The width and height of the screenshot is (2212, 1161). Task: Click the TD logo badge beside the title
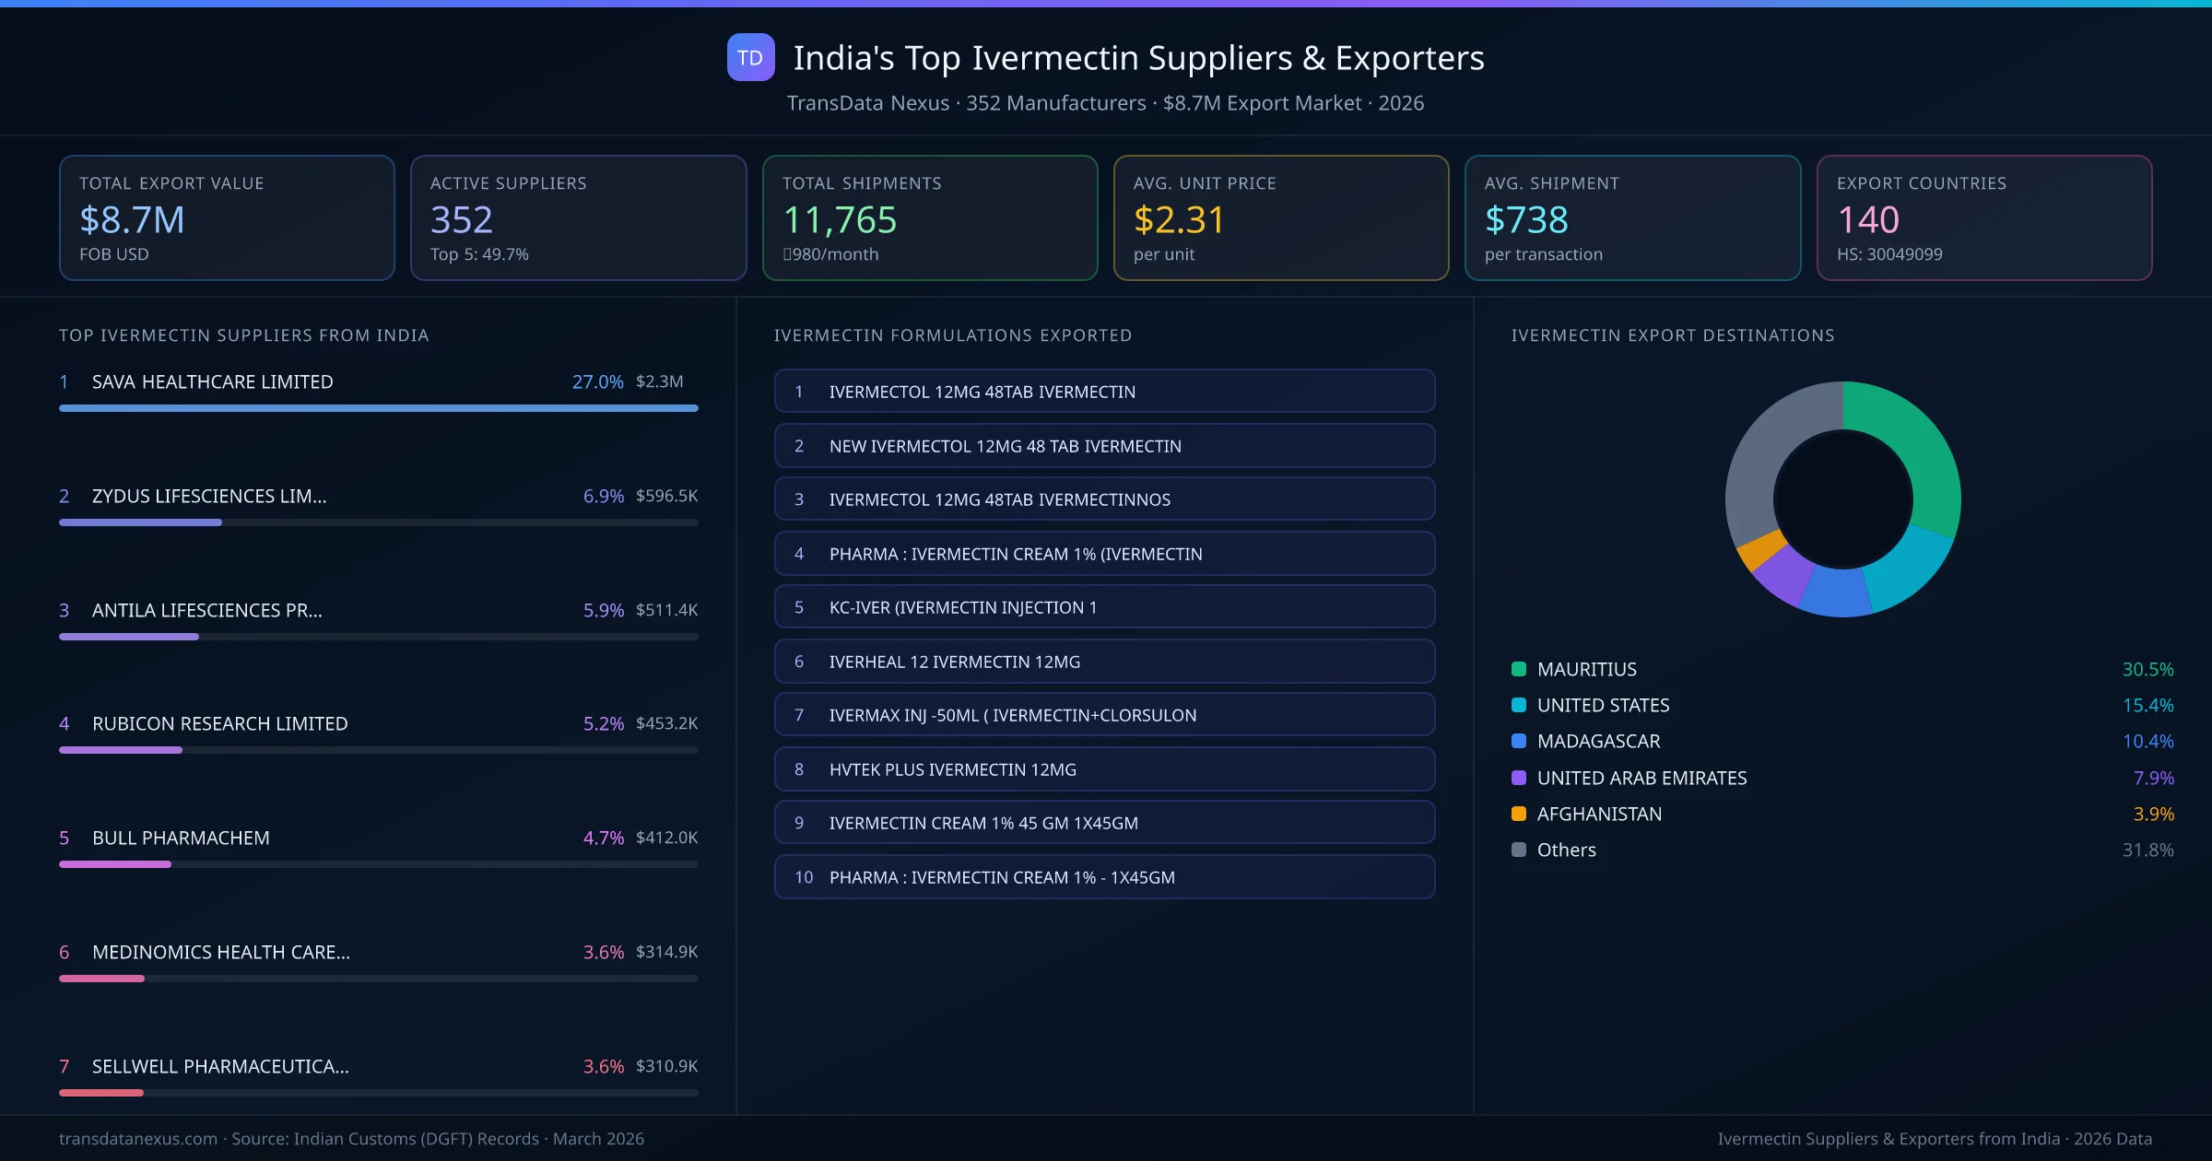750,58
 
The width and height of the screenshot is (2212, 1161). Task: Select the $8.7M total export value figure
132,220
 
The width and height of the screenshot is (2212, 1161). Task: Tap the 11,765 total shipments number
839,220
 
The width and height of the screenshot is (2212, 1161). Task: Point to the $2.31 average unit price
1178,220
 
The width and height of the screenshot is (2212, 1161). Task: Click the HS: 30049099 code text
1888,254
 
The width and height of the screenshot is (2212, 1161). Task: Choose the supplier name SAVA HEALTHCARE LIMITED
212,381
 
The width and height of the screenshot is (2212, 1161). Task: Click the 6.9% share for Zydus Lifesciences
603,496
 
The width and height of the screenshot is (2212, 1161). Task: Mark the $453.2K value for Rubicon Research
666,723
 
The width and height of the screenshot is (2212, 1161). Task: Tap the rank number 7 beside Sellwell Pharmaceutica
64,1066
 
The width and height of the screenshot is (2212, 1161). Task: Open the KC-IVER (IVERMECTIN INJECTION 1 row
1104,607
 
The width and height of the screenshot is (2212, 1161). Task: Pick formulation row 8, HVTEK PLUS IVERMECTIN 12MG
1104,769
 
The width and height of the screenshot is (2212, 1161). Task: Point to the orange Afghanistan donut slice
1759,550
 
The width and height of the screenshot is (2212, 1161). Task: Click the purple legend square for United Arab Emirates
1519,778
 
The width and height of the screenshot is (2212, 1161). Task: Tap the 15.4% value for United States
2147,705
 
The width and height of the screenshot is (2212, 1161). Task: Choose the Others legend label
1566,850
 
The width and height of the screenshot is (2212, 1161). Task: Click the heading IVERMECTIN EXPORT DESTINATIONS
1672,335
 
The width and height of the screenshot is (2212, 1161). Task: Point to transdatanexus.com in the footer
138,1139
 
